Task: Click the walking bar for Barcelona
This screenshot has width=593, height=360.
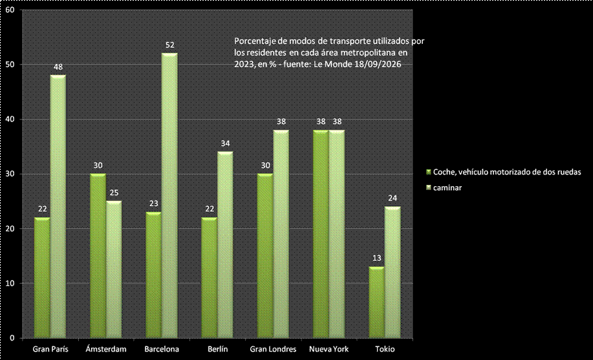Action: [x=169, y=195]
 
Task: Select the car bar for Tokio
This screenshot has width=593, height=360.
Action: [x=376, y=302]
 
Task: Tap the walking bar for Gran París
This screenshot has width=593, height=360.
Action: [x=58, y=206]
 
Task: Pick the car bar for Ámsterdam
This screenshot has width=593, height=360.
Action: [x=98, y=256]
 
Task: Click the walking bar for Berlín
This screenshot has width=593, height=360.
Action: [x=225, y=245]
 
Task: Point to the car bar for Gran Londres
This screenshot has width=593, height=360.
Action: [x=264, y=256]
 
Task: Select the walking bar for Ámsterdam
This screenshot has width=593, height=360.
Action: [x=114, y=270]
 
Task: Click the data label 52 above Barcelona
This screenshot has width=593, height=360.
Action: [x=170, y=45]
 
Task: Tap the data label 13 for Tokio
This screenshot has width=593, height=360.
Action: [x=376, y=259]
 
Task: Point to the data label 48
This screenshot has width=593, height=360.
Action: [x=58, y=67]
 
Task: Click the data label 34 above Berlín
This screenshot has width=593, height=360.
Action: [x=226, y=143]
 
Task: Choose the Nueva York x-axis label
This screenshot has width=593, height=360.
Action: [x=329, y=349]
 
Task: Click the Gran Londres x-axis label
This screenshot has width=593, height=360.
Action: [x=273, y=349]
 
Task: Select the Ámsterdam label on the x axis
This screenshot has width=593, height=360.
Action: [x=106, y=349]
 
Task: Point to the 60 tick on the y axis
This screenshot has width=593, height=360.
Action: [x=10, y=10]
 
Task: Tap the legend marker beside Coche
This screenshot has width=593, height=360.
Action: [x=429, y=172]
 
